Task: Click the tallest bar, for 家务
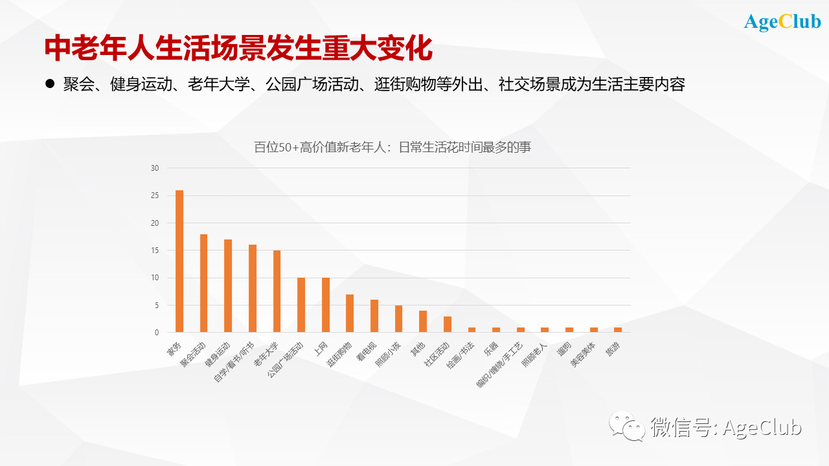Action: (x=179, y=261)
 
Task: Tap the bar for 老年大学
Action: (x=277, y=291)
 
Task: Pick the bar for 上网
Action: (x=326, y=305)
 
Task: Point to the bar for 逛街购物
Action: (x=350, y=313)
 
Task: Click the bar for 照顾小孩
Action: (x=398, y=319)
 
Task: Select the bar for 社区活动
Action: (x=448, y=324)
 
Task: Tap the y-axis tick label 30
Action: (x=154, y=168)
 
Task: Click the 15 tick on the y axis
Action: (x=154, y=250)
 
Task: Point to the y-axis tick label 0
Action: (x=156, y=333)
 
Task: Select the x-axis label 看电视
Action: (x=367, y=352)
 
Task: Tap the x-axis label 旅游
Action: (x=612, y=349)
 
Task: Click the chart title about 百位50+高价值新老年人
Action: (x=392, y=148)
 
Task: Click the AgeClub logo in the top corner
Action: (x=782, y=22)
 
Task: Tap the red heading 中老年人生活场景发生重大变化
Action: (x=238, y=49)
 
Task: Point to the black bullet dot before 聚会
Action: (x=50, y=84)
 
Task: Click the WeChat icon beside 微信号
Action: (x=627, y=427)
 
